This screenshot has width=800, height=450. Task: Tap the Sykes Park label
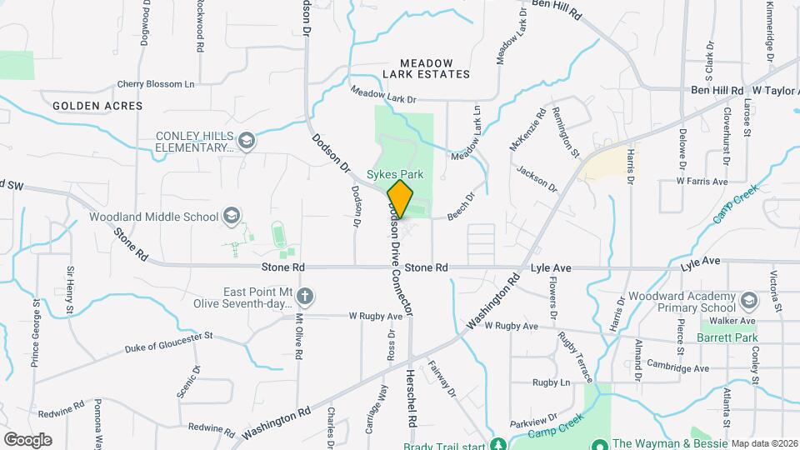click(x=397, y=175)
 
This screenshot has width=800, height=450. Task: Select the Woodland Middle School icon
click(x=232, y=217)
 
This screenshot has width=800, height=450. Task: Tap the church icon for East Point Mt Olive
click(x=306, y=296)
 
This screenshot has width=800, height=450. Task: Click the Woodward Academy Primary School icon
click(x=748, y=300)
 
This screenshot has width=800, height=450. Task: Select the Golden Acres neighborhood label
click(x=97, y=106)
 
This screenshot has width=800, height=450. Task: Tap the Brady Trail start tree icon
click(x=498, y=445)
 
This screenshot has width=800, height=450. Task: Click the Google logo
click(x=27, y=439)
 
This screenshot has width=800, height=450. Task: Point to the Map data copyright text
click(x=764, y=443)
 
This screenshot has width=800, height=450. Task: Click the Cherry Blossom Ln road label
click(x=156, y=84)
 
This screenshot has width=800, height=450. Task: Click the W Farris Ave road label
click(x=702, y=181)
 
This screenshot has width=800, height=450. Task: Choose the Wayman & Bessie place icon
click(x=599, y=445)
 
